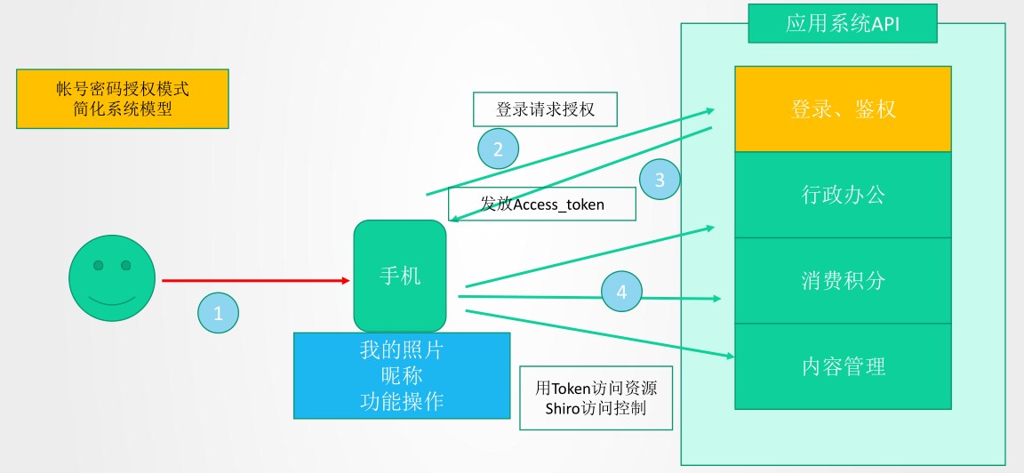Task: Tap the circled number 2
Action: pos(498,148)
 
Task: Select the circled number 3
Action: pos(660,180)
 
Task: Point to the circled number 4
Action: pos(621,292)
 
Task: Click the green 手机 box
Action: pos(400,276)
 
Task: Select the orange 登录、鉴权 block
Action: pos(843,108)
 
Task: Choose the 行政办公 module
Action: pos(843,195)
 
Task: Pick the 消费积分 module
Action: pos(843,281)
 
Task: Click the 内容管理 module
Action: pos(843,366)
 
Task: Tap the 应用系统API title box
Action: pos(842,24)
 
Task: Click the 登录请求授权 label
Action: pos(545,110)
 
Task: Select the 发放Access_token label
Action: pos(542,204)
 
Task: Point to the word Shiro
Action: pos(564,408)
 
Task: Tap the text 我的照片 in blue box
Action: pos(401,350)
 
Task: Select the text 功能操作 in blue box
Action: pos(401,401)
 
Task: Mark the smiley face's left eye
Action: pos(99,265)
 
